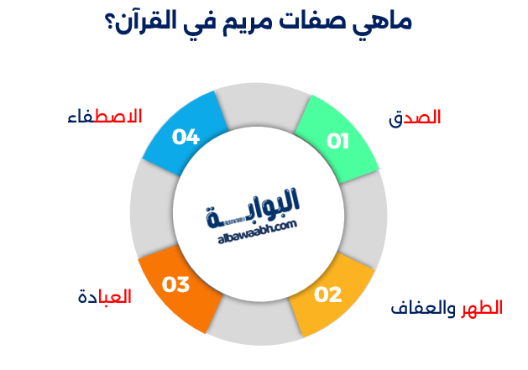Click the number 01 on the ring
[337, 140]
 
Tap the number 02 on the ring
[328, 294]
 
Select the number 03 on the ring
[176, 285]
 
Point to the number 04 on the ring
[186, 136]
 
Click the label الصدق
[415, 118]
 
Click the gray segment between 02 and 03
[254, 329]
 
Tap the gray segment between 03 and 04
[148, 210]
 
